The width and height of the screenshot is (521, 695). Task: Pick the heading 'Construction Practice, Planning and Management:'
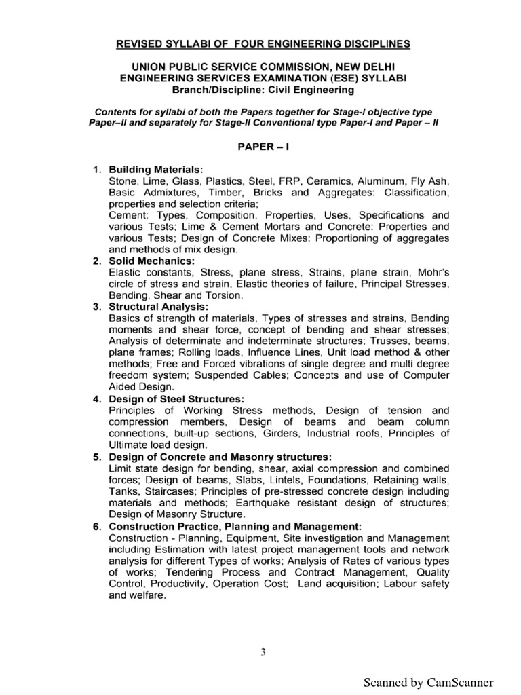click(x=235, y=526)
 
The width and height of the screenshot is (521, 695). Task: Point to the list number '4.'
click(x=98, y=399)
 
